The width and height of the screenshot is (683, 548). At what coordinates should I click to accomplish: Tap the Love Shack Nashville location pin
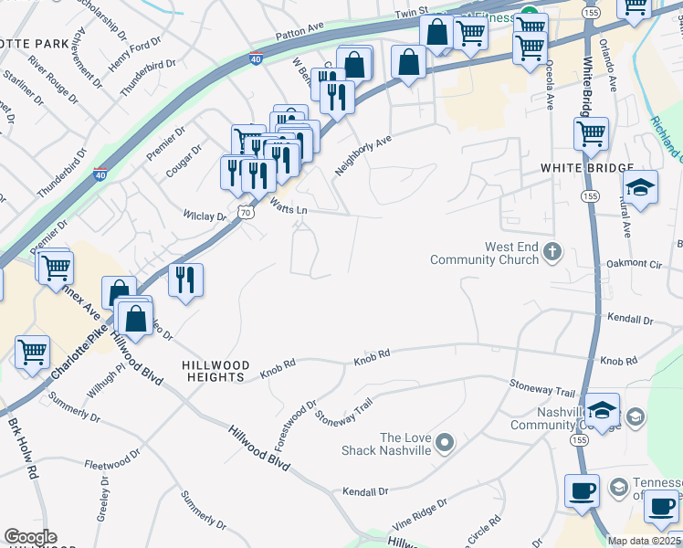coord(445,443)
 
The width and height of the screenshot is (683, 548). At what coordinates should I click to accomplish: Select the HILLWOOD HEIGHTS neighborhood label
coord(214,371)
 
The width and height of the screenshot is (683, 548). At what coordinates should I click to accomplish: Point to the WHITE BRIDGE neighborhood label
coord(586,168)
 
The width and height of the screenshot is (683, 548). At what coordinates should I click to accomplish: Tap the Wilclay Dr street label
coord(204,216)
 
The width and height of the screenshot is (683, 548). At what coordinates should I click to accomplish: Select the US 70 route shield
coord(244,212)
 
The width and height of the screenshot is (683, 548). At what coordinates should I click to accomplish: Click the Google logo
coord(30,537)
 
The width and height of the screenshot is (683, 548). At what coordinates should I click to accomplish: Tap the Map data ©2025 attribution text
coord(644,541)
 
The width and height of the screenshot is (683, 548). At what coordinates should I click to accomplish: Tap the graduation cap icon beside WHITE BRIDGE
coord(641,188)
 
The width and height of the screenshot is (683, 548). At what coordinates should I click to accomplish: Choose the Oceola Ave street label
coord(550,86)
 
